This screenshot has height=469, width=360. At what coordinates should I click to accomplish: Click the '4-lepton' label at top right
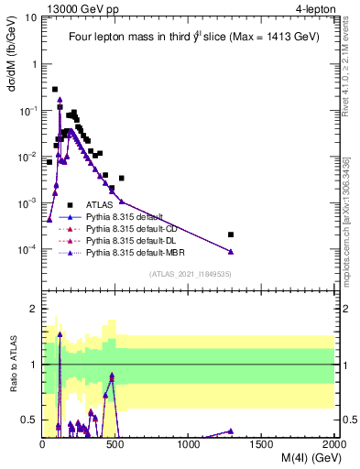click(x=315, y=8)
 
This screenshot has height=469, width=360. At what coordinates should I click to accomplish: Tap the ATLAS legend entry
click(x=100, y=204)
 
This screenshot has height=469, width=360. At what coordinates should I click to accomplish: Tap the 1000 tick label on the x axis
click(x=189, y=444)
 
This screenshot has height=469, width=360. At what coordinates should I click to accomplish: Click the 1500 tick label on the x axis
click(x=262, y=444)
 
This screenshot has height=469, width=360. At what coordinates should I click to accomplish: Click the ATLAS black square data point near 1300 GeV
click(x=231, y=234)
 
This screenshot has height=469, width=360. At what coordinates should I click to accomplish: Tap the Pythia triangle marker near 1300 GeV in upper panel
click(x=231, y=252)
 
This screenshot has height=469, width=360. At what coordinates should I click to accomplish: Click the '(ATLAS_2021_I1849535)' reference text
click(x=189, y=274)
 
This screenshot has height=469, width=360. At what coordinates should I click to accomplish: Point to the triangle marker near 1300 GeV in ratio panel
click(x=231, y=431)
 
